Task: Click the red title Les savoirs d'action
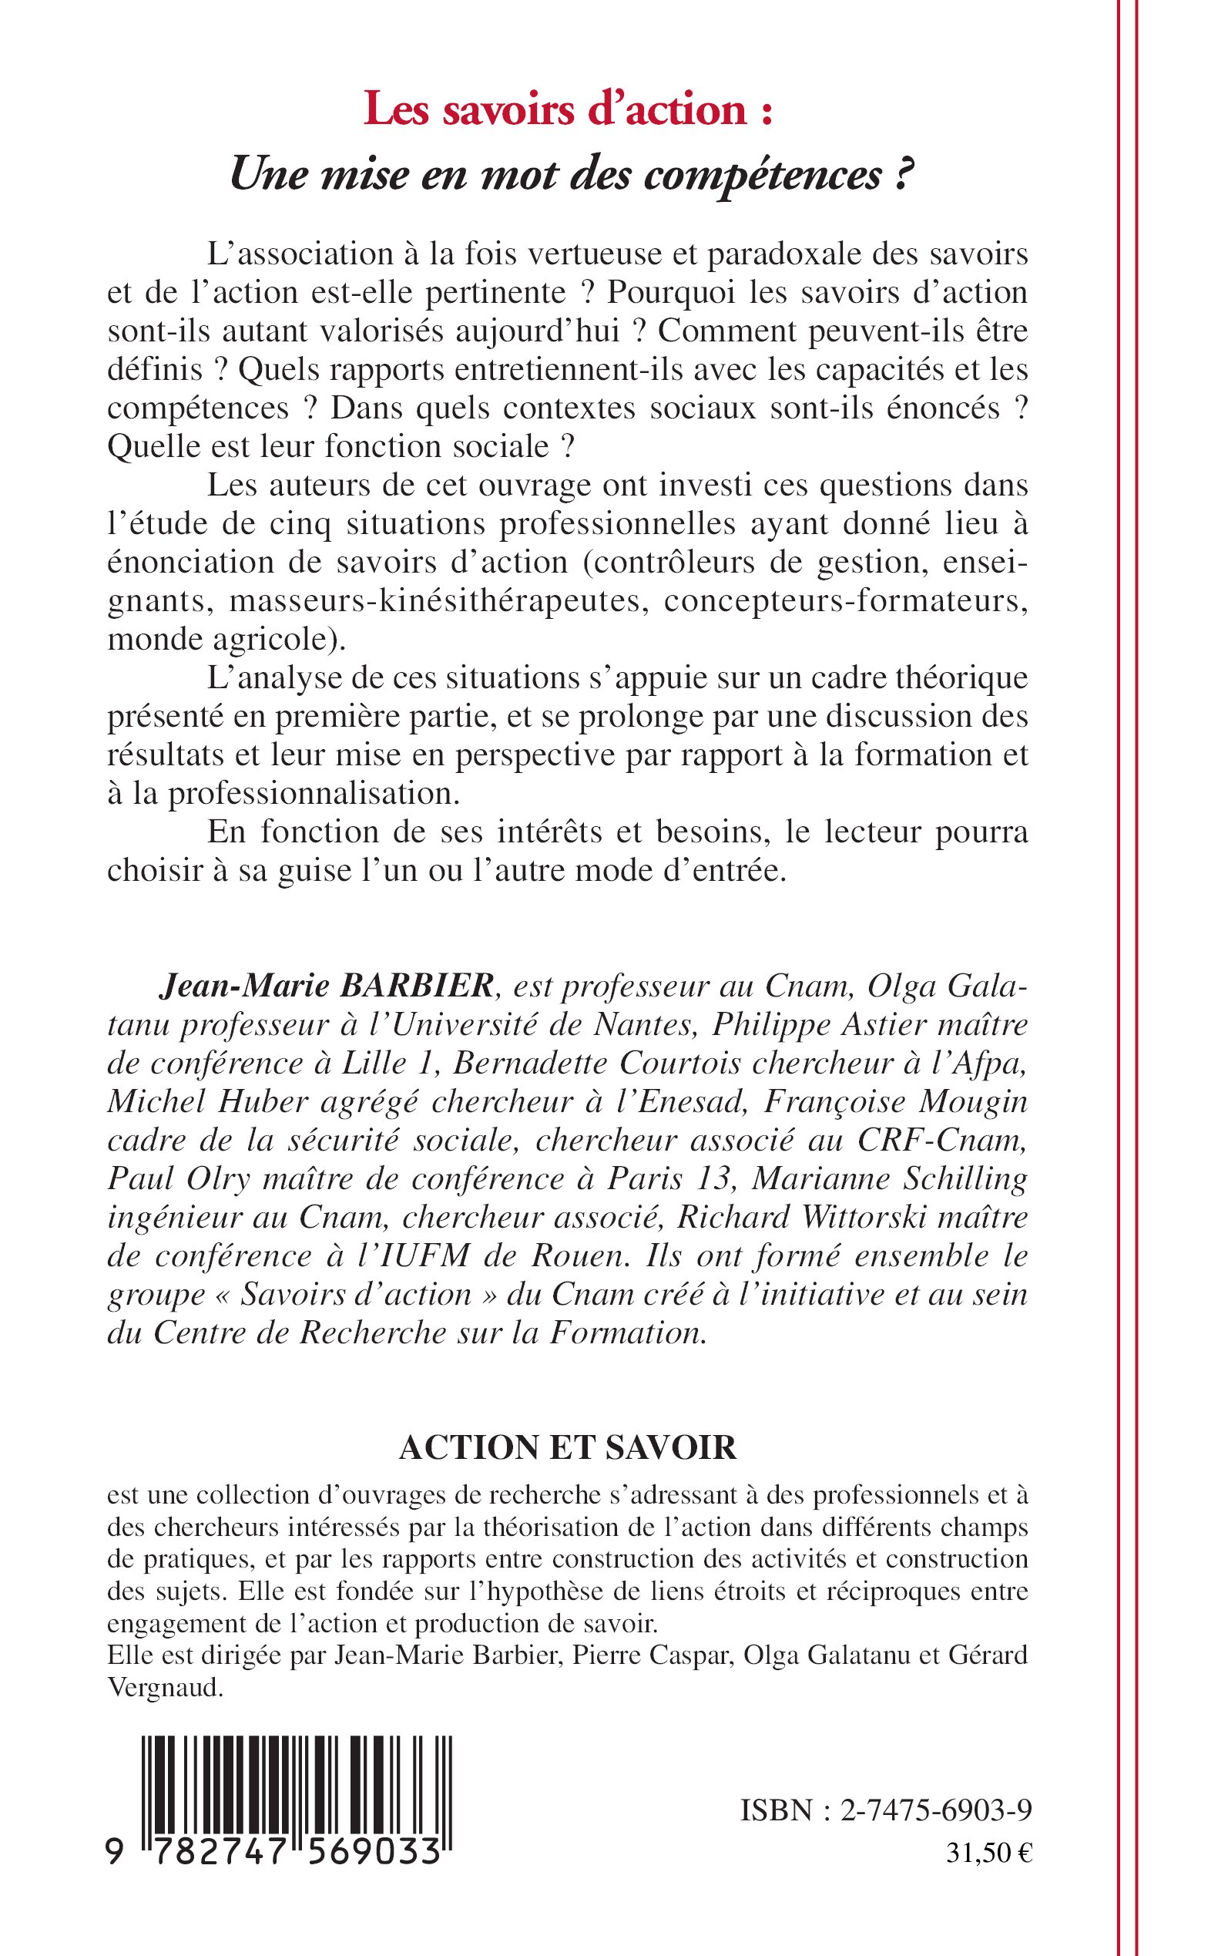(x=568, y=109)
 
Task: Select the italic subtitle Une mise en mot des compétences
(x=568, y=174)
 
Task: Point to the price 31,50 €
(x=988, y=1853)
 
